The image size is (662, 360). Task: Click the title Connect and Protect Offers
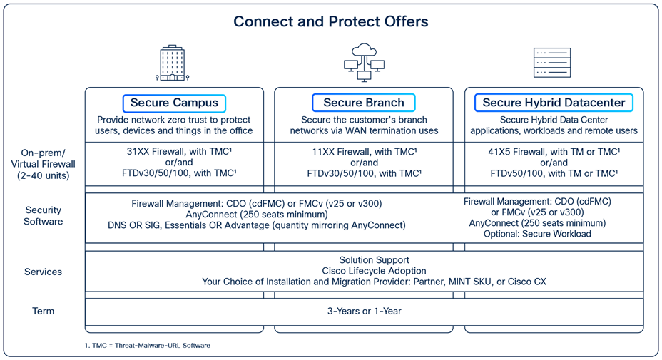pos(331,21)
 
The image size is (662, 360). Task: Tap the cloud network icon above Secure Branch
pos(364,62)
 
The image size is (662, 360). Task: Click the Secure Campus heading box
pos(174,103)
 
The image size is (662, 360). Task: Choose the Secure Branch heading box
pos(364,103)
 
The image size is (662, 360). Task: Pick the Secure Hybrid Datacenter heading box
pos(554,103)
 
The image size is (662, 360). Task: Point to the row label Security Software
pos(44,216)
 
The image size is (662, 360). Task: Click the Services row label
pos(44,272)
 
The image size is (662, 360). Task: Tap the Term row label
pos(44,311)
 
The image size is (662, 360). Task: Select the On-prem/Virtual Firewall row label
pos(44,163)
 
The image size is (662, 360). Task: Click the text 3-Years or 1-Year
pos(364,311)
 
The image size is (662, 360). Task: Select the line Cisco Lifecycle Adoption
pos(364,271)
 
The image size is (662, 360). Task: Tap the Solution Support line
pos(364,260)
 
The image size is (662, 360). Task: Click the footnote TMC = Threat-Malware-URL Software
pos(148,345)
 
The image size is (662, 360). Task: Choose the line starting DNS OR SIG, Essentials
pos(268,225)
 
